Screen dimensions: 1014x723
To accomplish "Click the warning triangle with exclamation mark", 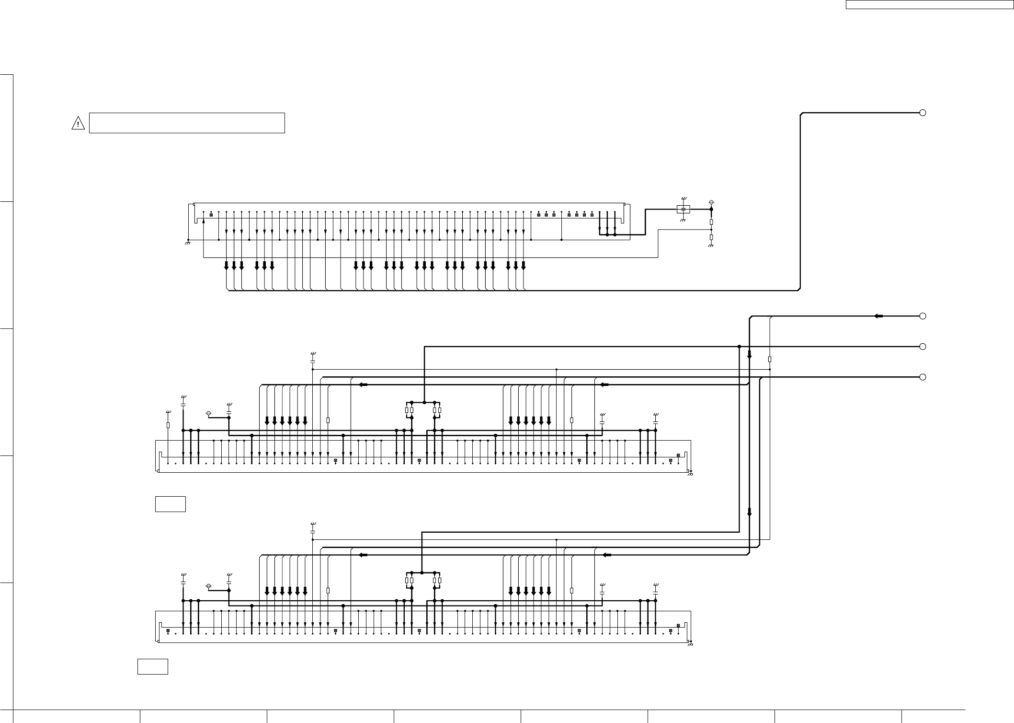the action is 78,123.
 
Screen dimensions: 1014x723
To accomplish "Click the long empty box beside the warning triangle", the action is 187,123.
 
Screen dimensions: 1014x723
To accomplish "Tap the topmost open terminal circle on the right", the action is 923,113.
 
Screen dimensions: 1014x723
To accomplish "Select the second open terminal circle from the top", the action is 923,316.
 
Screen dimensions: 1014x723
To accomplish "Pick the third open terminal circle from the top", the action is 923,347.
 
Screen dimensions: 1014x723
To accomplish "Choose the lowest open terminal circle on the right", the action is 923,377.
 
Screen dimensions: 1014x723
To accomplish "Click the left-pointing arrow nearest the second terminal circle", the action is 878,316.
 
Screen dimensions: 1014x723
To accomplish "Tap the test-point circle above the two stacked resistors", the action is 711,202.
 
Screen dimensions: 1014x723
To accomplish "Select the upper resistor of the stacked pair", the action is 711,222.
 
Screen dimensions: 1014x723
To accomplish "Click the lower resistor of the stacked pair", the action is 711,237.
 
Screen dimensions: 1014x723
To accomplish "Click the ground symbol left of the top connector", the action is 188,243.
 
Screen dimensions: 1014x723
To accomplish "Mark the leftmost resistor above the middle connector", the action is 168,425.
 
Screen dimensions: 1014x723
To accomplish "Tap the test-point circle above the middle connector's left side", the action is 208,413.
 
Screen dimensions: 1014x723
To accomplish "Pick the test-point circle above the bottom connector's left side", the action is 208,586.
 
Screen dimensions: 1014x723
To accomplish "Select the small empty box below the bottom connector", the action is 152,667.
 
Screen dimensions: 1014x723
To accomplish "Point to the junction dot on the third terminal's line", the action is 739,347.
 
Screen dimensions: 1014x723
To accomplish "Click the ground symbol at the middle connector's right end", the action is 690,474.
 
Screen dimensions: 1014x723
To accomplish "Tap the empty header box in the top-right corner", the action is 929,5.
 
